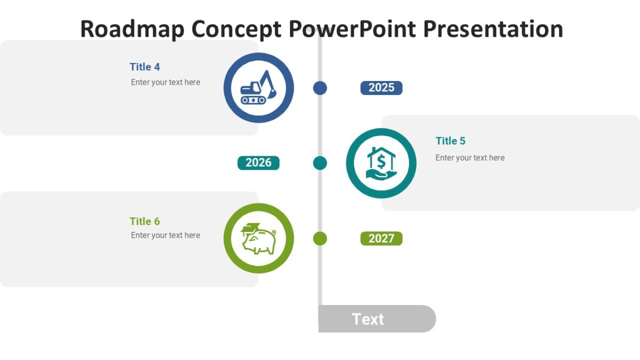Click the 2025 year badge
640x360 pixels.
pos(381,88)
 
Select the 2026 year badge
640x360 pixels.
pos(258,163)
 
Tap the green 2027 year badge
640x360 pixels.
pos(381,238)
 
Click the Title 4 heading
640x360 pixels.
pos(145,67)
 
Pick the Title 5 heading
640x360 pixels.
pos(450,141)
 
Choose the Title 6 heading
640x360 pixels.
pos(145,221)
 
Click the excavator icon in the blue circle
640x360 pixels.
pos(259,88)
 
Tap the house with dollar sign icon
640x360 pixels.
pos(381,163)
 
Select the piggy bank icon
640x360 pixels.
pos(259,238)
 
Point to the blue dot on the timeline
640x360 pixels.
pos(320,88)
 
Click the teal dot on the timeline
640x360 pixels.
pos(320,163)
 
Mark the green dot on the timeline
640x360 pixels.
pos(320,238)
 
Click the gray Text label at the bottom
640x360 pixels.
pos(369,319)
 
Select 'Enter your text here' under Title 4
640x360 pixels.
pos(165,82)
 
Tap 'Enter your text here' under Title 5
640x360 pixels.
pos(470,158)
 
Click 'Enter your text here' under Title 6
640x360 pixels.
pos(165,235)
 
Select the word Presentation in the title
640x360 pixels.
pos(493,29)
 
